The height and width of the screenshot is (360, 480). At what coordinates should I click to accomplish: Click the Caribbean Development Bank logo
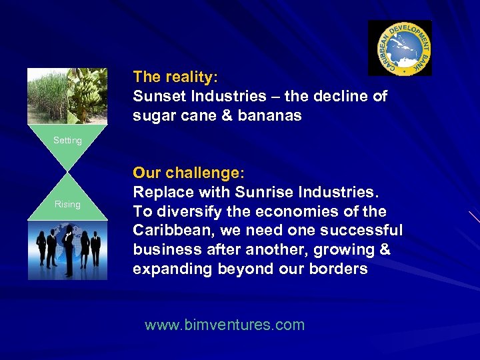[x=400, y=47]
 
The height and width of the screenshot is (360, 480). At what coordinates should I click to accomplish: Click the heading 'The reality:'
[x=175, y=77]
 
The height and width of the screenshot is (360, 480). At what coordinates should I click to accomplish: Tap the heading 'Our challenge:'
[x=189, y=173]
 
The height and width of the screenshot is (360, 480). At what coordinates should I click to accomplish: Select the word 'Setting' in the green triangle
[x=67, y=141]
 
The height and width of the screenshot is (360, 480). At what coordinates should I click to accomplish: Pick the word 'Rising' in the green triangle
[x=67, y=204]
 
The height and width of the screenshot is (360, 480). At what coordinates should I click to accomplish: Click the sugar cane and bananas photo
[x=67, y=96]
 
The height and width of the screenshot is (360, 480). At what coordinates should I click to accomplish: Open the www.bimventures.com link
[x=225, y=325]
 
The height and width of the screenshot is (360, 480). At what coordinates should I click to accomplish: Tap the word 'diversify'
[x=183, y=211]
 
